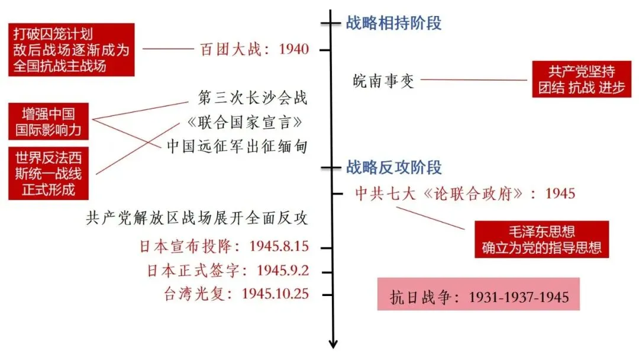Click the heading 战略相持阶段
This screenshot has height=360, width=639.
(x=393, y=24)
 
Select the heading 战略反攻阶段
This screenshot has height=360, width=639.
(x=393, y=168)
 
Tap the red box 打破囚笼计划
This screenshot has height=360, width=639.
(x=71, y=50)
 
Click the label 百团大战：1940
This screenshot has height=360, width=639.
(x=254, y=49)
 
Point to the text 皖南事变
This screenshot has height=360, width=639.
(x=383, y=80)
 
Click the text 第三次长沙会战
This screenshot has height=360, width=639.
(x=252, y=98)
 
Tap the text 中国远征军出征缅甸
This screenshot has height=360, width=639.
(x=237, y=146)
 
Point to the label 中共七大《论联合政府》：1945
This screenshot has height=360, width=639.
(x=464, y=194)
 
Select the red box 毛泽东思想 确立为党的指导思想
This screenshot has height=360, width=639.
(x=541, y=239)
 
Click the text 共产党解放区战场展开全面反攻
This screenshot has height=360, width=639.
(x=197, y=218)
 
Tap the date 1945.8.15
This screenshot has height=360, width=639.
(x=279, y=246)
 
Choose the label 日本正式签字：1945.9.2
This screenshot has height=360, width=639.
(x=228, y=271)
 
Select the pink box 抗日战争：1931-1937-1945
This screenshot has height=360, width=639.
(x=479, y=296)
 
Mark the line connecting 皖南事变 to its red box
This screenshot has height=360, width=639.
(x=473, y=80)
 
